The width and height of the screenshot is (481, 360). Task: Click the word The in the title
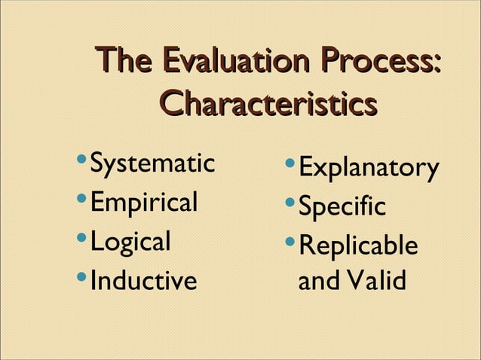pos(125,61)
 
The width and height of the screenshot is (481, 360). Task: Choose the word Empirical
pos(144,203)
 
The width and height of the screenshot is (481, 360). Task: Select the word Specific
pos(342,207)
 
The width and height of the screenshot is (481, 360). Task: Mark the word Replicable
pos(357,246)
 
